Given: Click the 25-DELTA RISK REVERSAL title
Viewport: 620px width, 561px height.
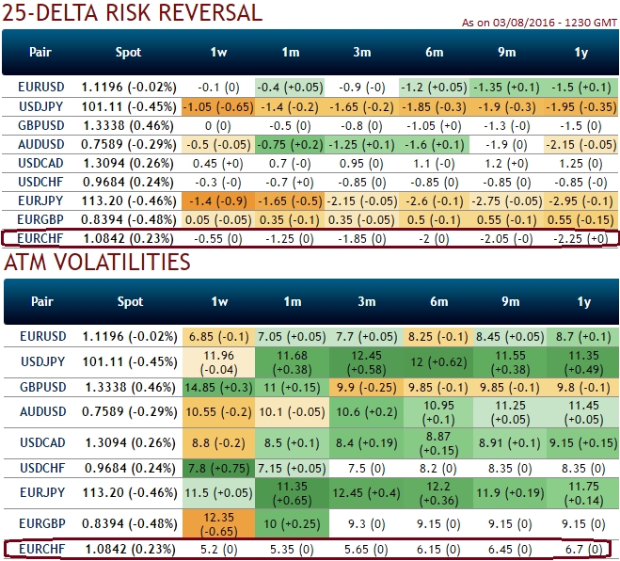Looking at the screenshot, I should (x=133, y=13).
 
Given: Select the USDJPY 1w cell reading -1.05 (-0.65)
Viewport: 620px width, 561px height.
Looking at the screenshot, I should (x=218, y=106).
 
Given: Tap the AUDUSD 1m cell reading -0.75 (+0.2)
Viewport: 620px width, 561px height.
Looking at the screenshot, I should (x=291, y=144).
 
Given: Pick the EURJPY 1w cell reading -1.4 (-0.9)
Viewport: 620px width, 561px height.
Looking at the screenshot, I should (x=218, y=200).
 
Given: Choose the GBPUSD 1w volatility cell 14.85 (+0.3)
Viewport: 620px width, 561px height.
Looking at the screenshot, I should (x=218, y=387).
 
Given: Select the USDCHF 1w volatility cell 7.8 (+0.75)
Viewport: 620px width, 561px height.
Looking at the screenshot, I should (x=218, y=468).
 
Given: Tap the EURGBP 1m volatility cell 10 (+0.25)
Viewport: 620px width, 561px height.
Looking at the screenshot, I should (x=291, y=523).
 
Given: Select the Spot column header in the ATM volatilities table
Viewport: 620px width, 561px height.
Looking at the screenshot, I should (x=129, y=301).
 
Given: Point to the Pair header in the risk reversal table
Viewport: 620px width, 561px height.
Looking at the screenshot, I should (x=40, y=53).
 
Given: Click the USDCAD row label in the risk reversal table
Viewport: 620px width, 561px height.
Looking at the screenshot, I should (x=40, y=163).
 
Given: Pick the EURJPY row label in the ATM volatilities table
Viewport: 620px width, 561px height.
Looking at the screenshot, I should (x=40, y=493).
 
